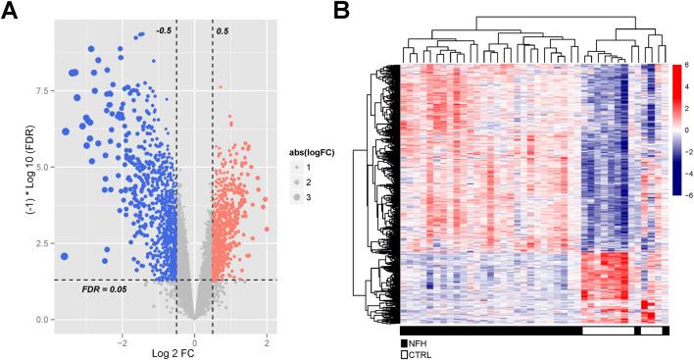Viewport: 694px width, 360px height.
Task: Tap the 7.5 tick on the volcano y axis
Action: click(x=39, y=89)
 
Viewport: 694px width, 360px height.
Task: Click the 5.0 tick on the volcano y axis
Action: click(x=39, y=167)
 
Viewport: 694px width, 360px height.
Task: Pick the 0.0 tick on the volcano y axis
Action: click(x=39, y=320)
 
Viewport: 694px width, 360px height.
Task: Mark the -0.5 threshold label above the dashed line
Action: click(x=165, y=31)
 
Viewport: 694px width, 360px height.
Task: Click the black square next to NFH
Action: click(x=405, y=343)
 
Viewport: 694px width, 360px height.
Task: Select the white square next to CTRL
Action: click(x=405, y=354)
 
